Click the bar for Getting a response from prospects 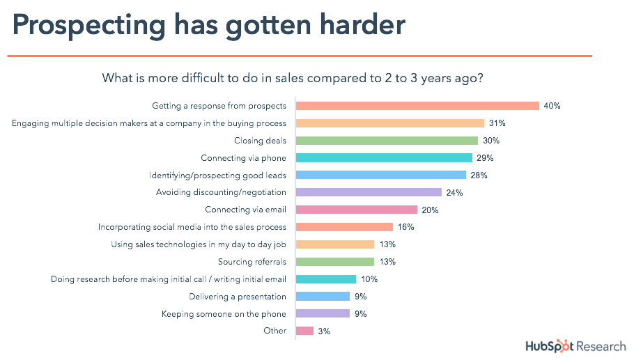417,106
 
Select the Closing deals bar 387,141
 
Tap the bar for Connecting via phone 384,158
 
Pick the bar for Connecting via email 356,210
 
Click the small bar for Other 304,331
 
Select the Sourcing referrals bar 335,262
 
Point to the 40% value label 552,106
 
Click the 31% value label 497,123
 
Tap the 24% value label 455,192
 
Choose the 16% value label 406,227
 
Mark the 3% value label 324,331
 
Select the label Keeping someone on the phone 224,313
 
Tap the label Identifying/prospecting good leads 218,175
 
